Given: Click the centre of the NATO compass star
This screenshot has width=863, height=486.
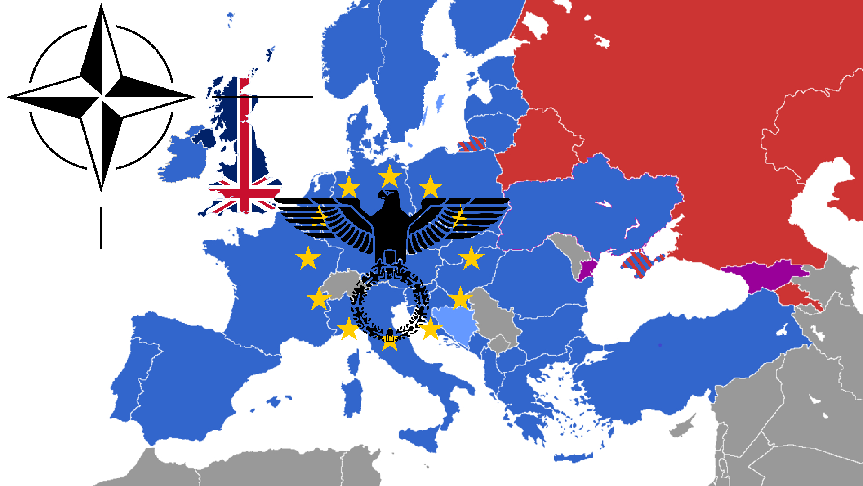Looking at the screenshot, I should point(101,97).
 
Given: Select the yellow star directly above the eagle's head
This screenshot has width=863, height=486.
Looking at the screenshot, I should point(390,176).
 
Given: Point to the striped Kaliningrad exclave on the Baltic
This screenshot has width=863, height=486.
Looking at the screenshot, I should point(472,144).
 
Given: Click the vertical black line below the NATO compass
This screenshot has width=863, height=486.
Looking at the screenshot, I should point(101,228).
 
